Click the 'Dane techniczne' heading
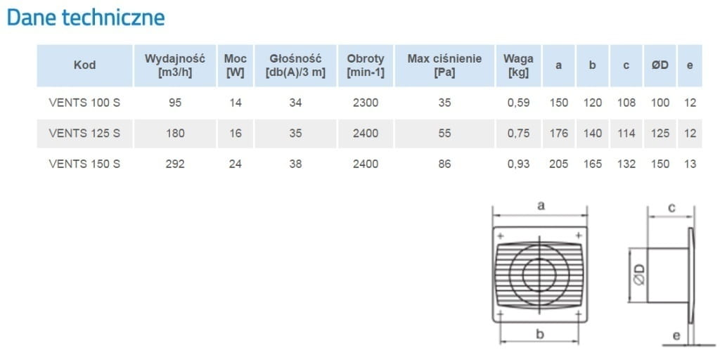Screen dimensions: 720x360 [x=86, y=18]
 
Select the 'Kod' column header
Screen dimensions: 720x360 [x=85, y=65]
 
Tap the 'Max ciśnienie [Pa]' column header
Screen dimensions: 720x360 [x=444, y=65]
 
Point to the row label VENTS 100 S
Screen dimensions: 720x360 [x=84, y=103]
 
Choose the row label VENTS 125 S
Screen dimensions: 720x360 [x=84, y=133]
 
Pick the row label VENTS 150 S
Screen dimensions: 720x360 [x=84, y=164]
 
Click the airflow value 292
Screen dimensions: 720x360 [x=175, y=164]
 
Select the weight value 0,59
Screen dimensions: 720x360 [x=518, y=103]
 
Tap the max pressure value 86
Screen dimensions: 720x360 [x=444, y=164]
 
